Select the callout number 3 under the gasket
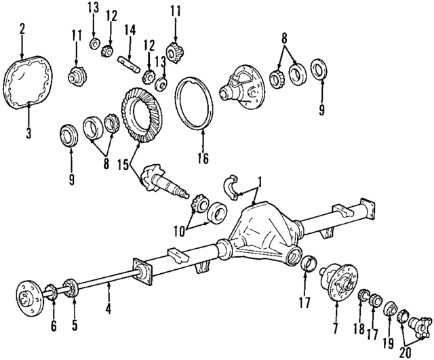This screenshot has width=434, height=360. [28, 134]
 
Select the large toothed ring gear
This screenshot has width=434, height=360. [142, 114]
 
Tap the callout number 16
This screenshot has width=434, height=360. [201, 160]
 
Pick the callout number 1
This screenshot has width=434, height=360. [258, 182]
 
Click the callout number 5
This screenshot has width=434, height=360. [75, 325]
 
